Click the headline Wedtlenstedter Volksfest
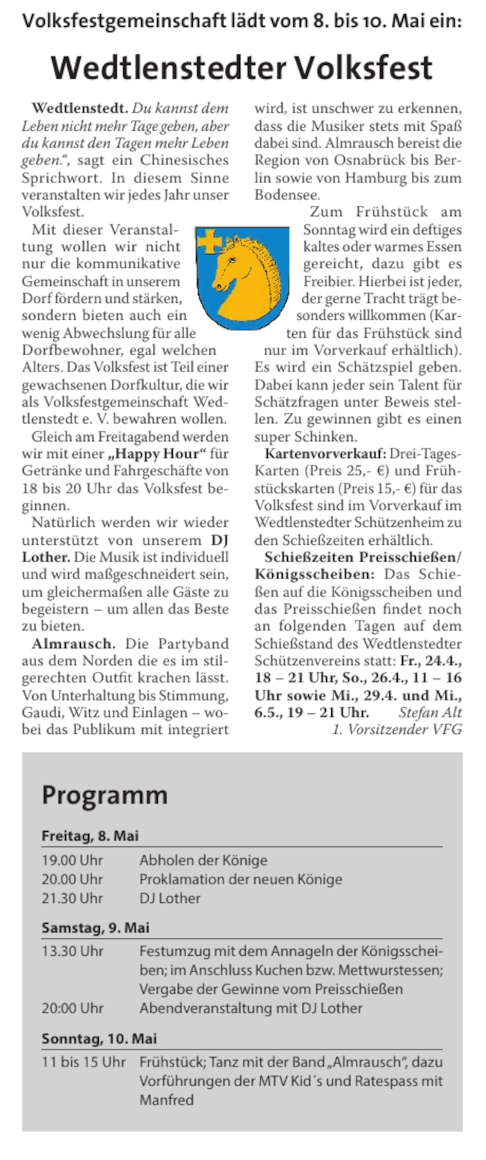(242, 69)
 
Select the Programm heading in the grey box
(105, 794)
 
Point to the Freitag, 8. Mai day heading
(90, 836)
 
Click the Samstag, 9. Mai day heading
(96, 928)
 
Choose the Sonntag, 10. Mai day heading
(99, 1039)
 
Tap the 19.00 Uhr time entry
(73, 860)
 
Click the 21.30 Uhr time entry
(73, 898)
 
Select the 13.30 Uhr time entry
(73, 951)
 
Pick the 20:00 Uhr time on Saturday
(73, 1008)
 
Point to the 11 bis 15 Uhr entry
(84, 1062)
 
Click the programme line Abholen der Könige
(203, 860)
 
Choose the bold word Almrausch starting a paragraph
(73, 643)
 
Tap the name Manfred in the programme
(167, 1099)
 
